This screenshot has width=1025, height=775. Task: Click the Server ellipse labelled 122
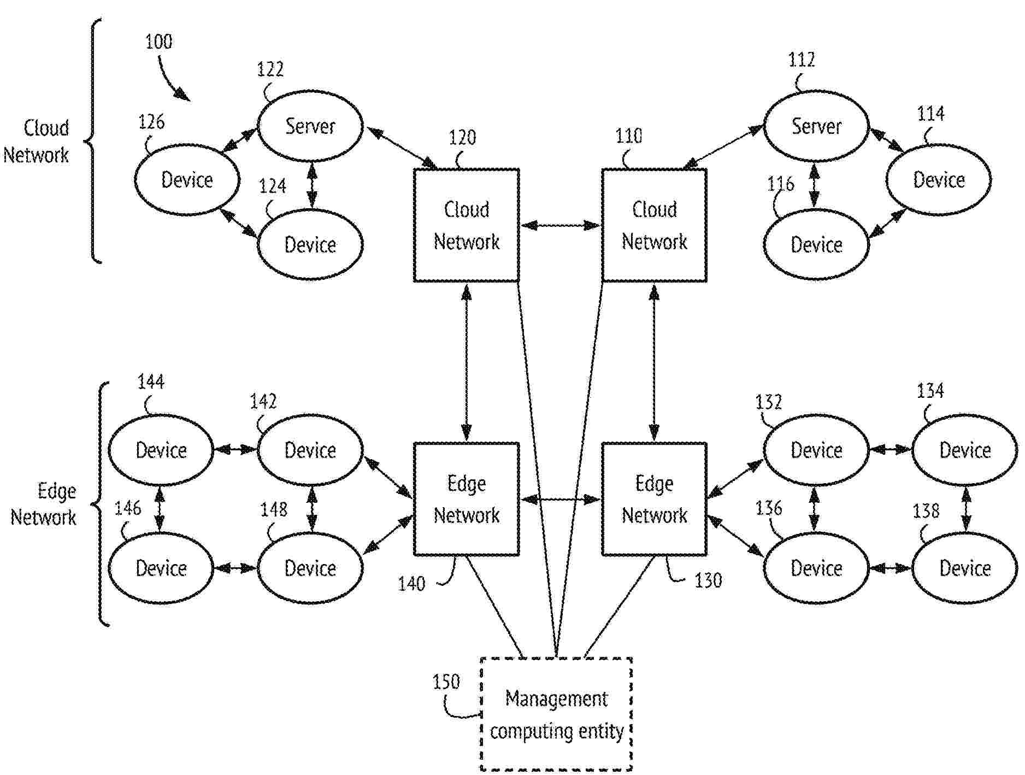click(310, 126)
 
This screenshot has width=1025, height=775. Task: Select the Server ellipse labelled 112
click(816, 126)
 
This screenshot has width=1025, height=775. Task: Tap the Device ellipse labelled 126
click(187, 180)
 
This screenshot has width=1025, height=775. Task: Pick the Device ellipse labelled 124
click(310, 244)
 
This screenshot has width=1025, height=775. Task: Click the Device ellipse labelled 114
click(938, 180)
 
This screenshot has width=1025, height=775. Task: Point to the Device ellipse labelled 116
click(816, 244)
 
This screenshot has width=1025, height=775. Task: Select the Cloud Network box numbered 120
click(466, 225)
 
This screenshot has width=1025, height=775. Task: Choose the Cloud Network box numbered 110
click(654, 225)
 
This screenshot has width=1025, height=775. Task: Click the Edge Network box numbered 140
click(466, 499)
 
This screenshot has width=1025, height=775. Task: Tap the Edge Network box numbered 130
click(654, 499)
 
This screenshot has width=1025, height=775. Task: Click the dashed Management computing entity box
click(556, 714)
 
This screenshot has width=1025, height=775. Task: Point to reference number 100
click(158, 42)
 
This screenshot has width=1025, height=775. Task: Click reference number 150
click(446, 682)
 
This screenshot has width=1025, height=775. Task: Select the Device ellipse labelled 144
click(161, 450)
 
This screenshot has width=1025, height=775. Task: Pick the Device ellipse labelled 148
click(310, 568)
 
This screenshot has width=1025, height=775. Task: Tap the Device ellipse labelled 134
click(964, 450)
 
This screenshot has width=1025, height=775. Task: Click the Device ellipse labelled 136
click(816, 568)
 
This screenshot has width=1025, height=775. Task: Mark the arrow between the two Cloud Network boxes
click(560, 225)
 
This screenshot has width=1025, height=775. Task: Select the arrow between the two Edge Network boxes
click(560, 499)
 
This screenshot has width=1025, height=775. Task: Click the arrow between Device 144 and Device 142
click(235, 450)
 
